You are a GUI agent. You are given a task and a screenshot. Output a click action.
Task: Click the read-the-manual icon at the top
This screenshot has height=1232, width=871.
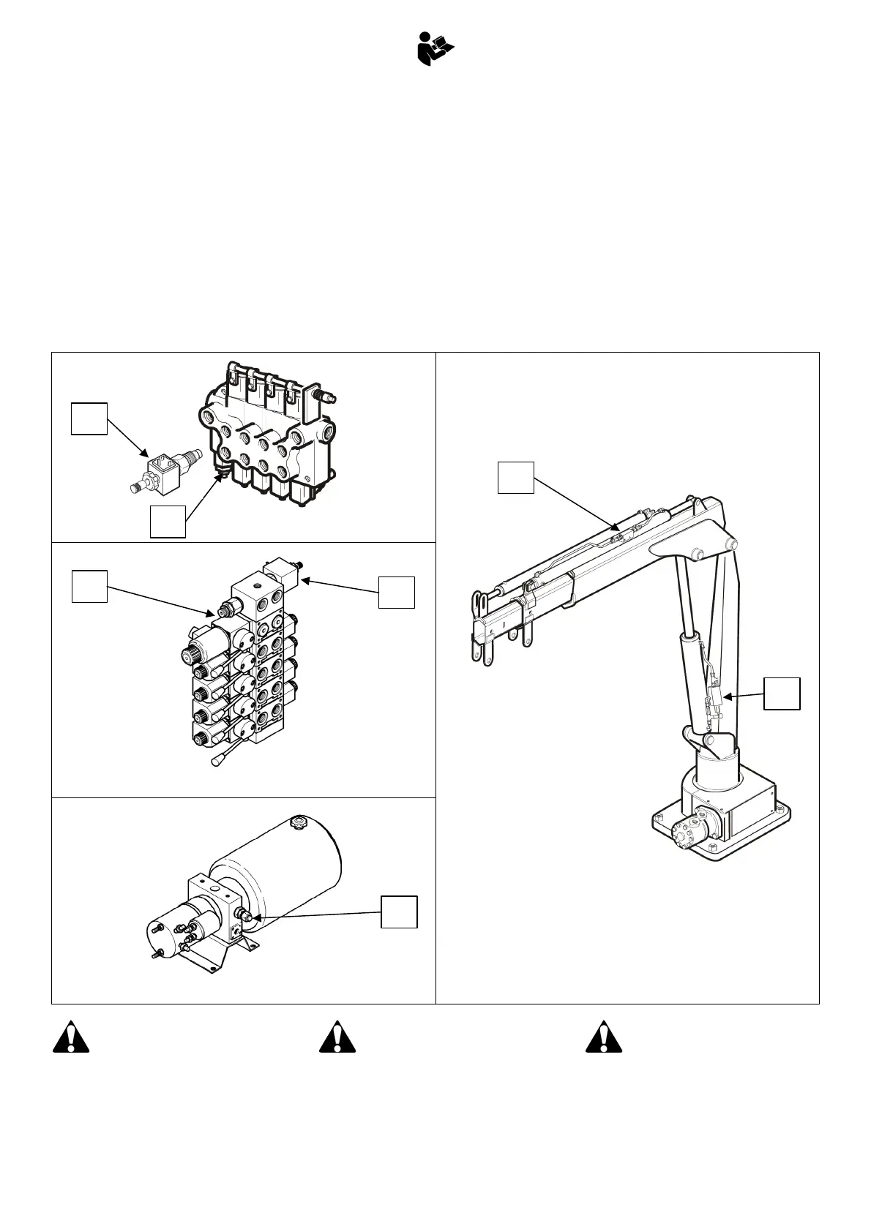point(435,50)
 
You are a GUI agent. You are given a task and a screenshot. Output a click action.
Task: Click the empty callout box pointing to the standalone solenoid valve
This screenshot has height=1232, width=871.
point(89,418)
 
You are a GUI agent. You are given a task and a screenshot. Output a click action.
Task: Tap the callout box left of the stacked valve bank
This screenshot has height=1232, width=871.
point(89,587)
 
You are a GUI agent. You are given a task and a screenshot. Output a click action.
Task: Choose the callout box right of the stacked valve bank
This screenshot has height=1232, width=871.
point(396,591)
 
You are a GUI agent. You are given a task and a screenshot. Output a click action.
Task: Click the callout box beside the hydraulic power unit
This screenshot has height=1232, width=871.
point(400,911)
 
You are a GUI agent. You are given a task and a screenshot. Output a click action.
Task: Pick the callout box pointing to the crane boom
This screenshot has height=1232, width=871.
point(516,477)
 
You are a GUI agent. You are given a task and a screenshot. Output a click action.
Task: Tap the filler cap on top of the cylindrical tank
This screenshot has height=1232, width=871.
point(298,822)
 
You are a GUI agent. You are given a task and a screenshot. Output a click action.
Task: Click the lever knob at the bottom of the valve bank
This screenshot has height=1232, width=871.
point(217,762)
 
